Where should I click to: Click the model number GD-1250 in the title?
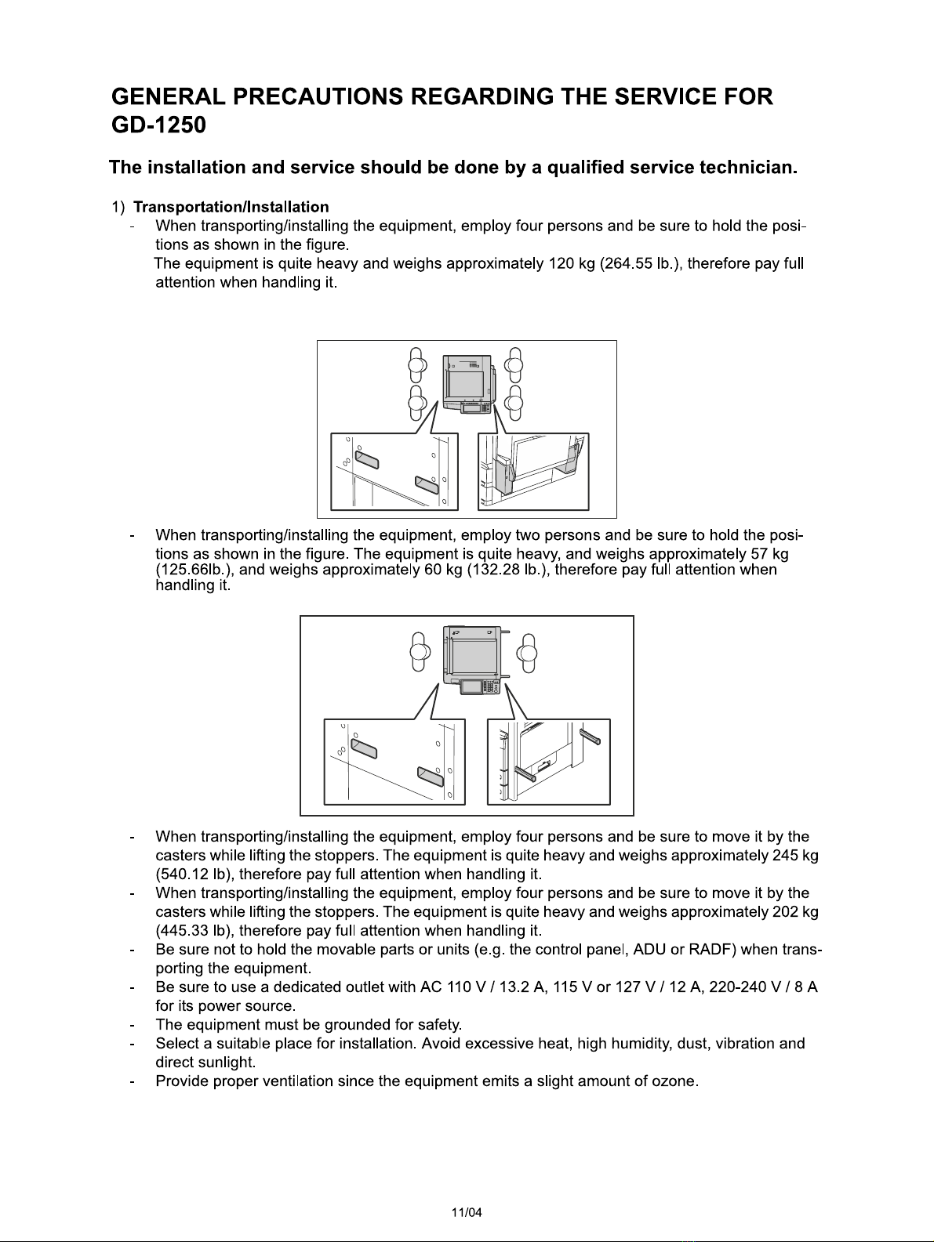point(158,125)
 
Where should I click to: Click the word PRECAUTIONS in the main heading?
point(318,96)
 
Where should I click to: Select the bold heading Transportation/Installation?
point(231,207)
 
